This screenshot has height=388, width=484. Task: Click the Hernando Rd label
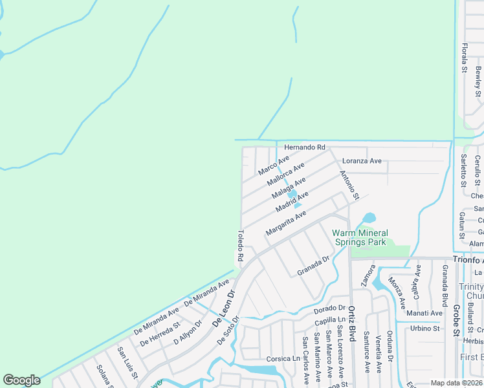pyautogui.click(x=303, y=148)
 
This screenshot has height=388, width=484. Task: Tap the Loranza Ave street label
pyautogui.click(x=362, y=160)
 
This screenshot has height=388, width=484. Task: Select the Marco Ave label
pyautogui.click(x=274, y=166)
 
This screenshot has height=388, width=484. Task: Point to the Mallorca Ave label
pyautogui.click(x=286, y=175)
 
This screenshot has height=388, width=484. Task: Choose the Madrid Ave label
pyautogui.click(x=292, y=202)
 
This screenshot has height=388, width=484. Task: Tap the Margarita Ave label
pyautogui.click(x=285, y=223)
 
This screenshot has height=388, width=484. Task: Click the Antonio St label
pyautogui.click(x=349, y=184)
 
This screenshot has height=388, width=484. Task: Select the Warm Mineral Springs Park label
pyautogui.click(x=360, y=237)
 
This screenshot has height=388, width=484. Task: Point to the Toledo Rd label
pyautogui.click(x=240, y=246)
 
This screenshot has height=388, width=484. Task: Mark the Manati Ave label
pyautogui.click(x=424, y=313)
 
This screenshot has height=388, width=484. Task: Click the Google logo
pyautogui.click(x=21, y=380)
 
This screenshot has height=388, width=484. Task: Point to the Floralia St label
pyautogui.click(x=464, y=57)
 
